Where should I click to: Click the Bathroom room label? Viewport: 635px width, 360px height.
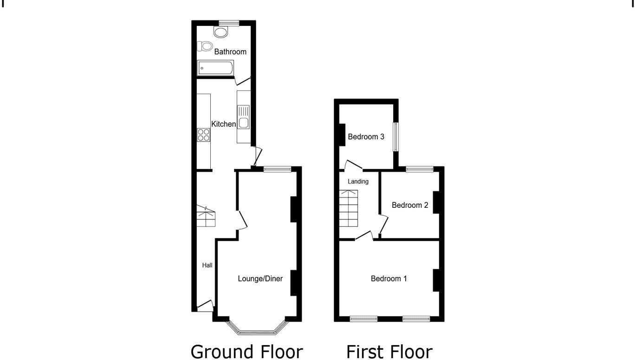230,51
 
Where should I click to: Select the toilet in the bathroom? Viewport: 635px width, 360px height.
203,46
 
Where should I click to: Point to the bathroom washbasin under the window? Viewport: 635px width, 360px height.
221,31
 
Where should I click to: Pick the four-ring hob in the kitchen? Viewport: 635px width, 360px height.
203,135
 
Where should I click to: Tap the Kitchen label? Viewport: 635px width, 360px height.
224,124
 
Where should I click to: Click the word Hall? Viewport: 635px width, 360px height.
207,265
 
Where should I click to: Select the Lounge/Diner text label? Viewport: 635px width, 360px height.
260,278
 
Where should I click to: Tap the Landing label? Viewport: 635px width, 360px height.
358,181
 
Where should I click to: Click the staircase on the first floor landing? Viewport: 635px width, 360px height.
349,208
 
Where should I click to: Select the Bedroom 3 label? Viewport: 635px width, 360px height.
366,137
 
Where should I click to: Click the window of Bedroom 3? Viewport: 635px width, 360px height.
395,136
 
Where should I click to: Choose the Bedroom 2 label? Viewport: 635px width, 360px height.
409,205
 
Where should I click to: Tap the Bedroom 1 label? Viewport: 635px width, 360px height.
389,278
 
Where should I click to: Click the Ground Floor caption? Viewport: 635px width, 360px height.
246,351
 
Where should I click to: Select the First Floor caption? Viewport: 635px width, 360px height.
389,351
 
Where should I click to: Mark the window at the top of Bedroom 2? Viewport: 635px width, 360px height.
420,169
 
